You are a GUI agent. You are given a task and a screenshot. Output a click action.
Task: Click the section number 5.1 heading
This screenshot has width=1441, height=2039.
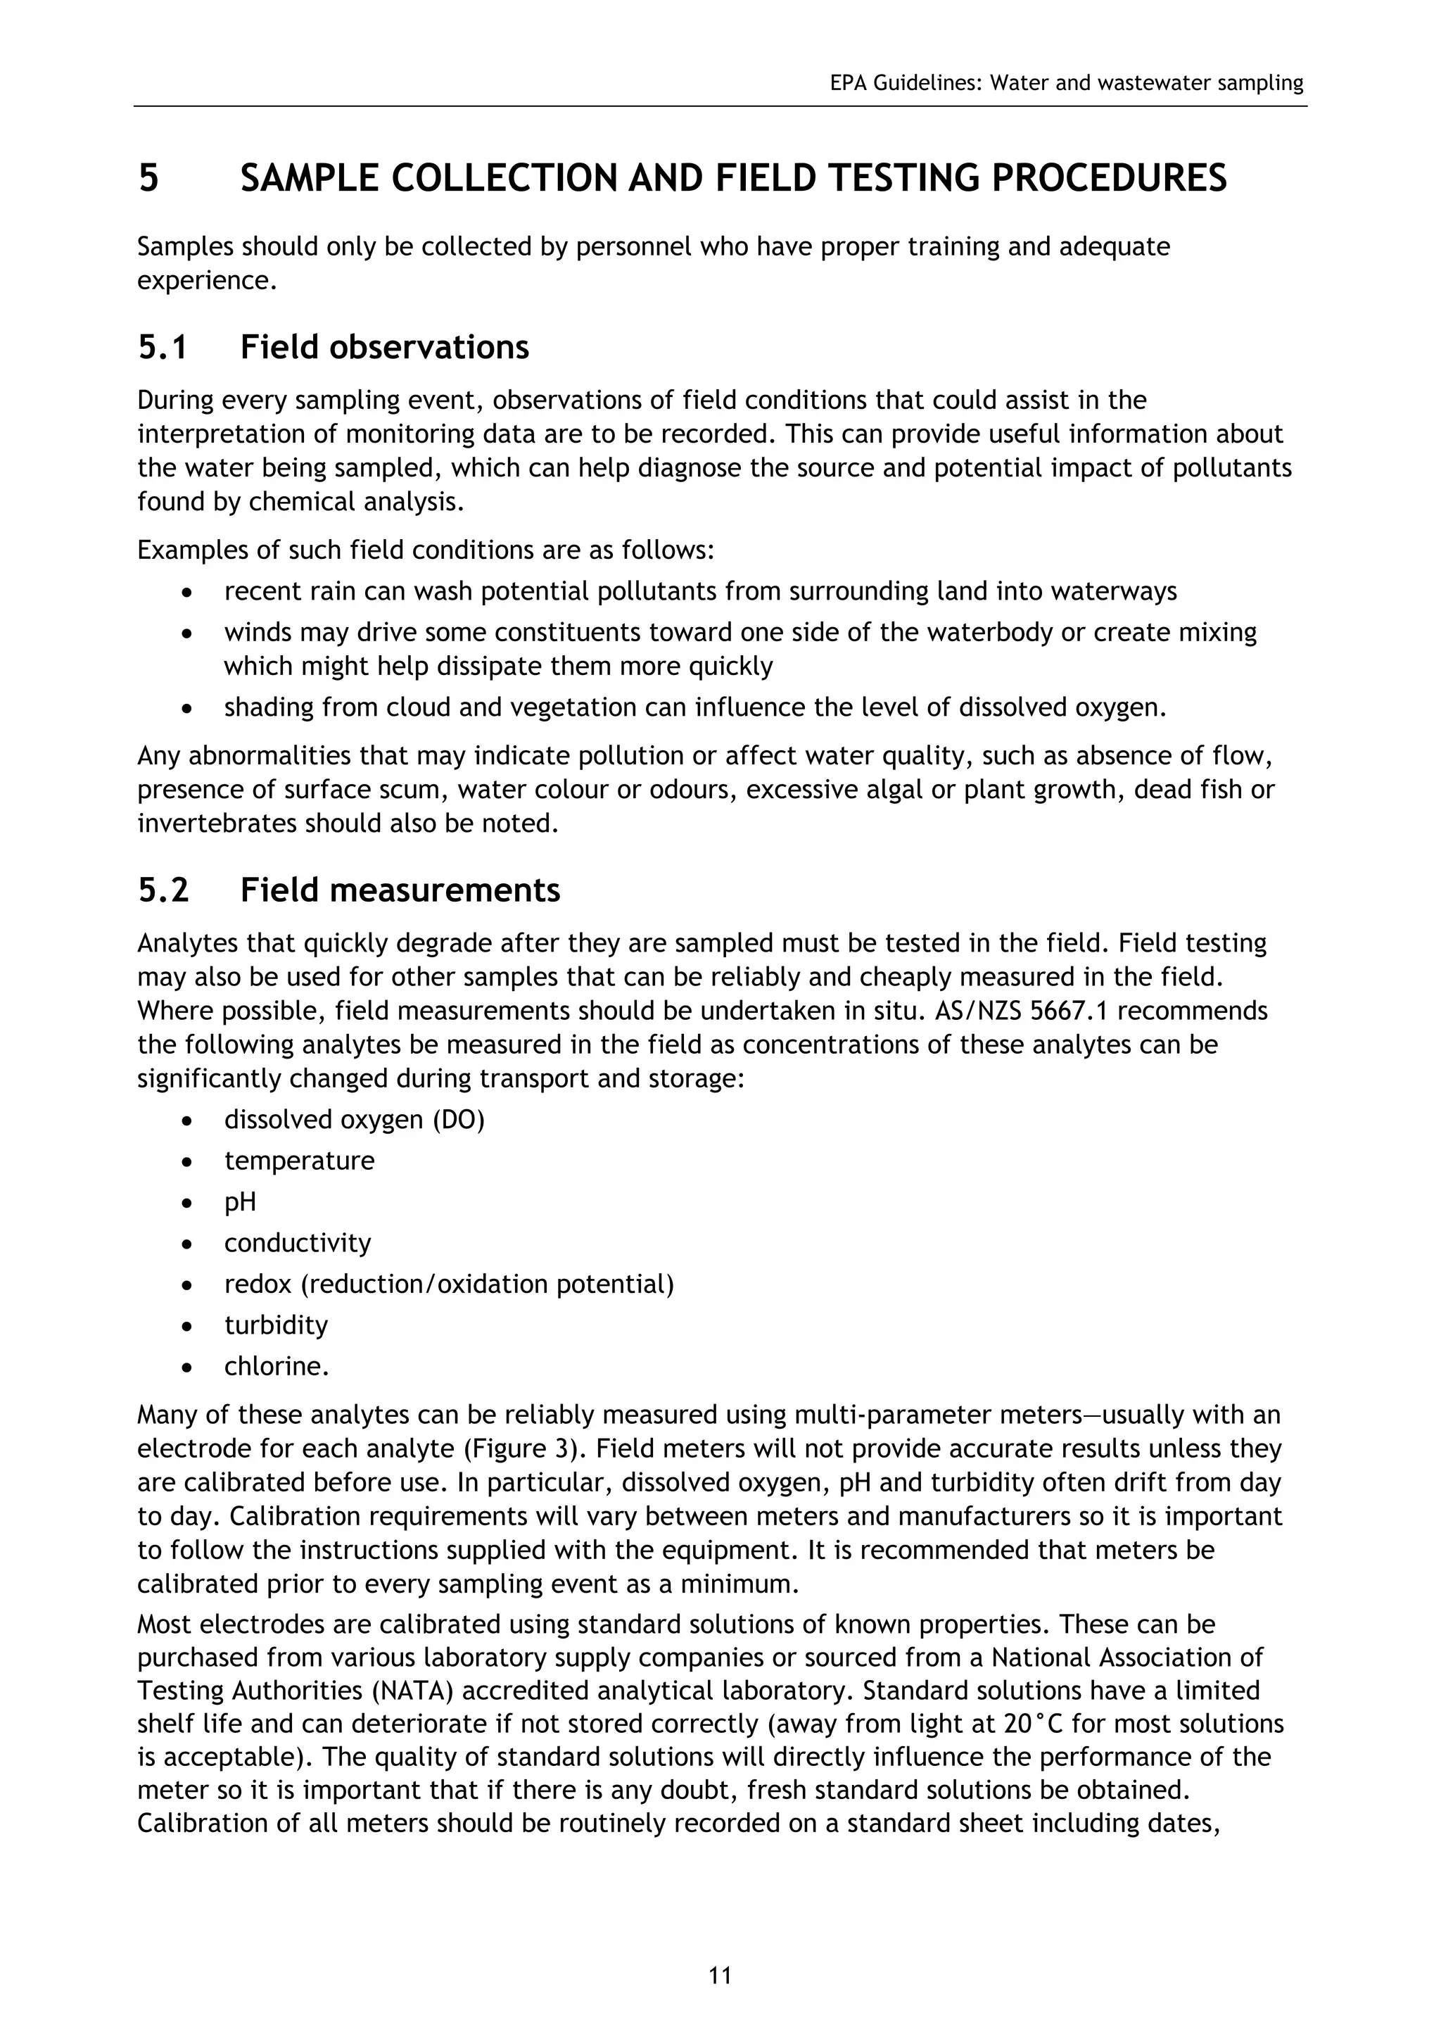163,347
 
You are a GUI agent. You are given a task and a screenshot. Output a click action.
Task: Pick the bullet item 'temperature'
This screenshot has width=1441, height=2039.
299,1161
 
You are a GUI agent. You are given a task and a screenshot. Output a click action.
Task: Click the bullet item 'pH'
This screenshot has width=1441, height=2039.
240,1202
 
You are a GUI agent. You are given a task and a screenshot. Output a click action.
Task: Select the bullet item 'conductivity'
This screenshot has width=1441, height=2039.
298,1243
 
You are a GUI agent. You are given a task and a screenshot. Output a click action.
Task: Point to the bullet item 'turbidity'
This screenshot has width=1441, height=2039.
276,1325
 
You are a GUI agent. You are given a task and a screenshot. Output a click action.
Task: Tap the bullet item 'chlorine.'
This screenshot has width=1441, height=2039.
276,1366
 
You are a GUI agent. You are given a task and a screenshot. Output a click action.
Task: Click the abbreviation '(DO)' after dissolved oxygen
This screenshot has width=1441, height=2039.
458,1120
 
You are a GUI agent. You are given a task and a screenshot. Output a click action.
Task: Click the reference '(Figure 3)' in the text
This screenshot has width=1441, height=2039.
523,1448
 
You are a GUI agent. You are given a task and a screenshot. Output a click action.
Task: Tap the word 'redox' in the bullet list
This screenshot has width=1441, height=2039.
253,1284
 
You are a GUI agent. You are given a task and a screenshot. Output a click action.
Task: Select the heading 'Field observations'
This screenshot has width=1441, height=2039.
384,347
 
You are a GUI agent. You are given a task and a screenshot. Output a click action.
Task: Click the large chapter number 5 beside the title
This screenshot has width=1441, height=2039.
148,179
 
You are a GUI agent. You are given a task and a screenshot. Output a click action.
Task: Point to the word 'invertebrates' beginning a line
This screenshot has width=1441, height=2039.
217,823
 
